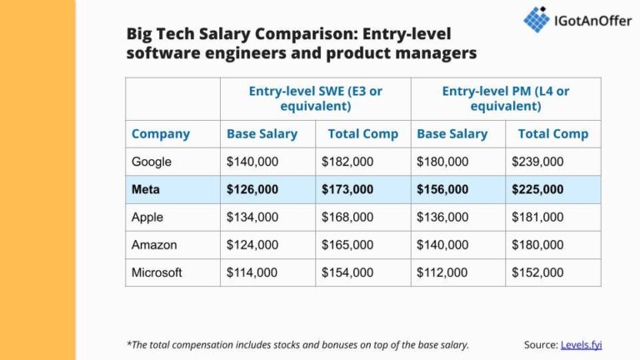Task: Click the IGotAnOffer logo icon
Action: tap(536, 18)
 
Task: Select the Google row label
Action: tap(152, 162)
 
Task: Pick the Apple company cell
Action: tap(147, 217)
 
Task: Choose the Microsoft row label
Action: tap(157, 272)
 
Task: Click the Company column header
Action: tap(161, 133)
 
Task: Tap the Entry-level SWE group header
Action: tap(315, 98)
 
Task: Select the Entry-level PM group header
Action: tap(505, 98)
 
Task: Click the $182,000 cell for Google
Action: tap(347, 162)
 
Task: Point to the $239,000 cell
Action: tap(537, 162)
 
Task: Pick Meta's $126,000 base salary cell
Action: tap(252, 190)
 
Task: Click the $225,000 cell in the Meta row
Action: tap(537, 190)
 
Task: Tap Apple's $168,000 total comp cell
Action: tap(347, 217)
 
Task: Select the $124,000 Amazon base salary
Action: tap(252, 245)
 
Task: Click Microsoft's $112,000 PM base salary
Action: tap(442, 272)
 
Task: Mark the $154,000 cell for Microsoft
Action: tap(347, 272)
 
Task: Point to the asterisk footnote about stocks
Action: tap(297, 344)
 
